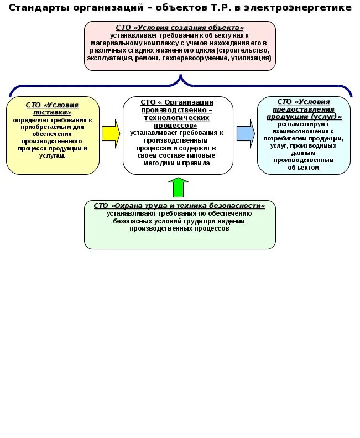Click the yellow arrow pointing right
(111, 134)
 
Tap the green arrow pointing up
(178, 187)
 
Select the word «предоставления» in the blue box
(304, 109)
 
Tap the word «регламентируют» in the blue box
(304, 124)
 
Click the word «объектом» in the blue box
(304, 167)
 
